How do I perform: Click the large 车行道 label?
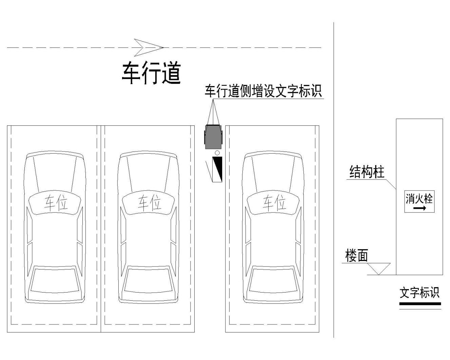(x=151, y=73)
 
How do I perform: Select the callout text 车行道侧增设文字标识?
(x=263, y=91)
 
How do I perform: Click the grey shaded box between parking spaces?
(x=213, y=137)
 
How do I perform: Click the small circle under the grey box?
(x=217, y=153)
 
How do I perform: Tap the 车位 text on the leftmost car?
(x=56, y=203)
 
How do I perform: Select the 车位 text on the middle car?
(x=150, y=203)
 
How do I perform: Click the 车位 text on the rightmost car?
(x=274, y=203)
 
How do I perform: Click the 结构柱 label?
(x=367, y=172)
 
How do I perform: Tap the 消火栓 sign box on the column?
(x=419, y=202)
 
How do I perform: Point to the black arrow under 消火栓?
(x=419, y=208)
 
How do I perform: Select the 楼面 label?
(x=356, y=256)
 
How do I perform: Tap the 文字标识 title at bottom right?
(x=419, y=293)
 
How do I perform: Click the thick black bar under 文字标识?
(x=420, y=304)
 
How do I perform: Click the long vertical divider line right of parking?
(x=334, y=180)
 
